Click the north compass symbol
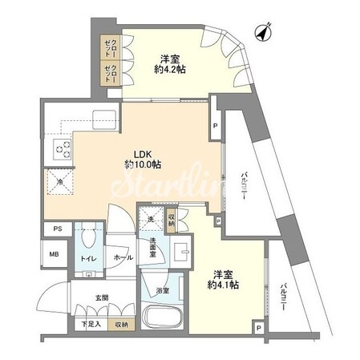[x=261, y=32]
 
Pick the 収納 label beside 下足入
[x=119, y=325]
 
